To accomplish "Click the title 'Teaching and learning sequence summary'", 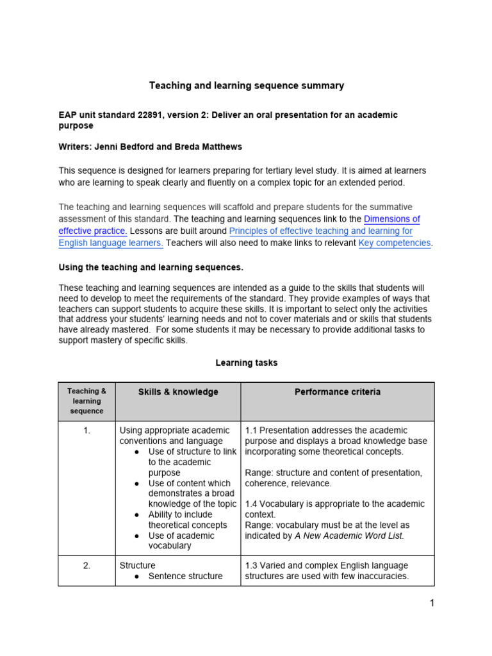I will (246, 85).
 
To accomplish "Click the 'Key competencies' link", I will (395, 243).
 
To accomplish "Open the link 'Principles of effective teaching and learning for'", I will (320, 231).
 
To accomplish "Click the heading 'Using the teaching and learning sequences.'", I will (151, 266).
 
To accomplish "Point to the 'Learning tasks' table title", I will (246, 363).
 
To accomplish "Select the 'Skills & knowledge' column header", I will (177, 392).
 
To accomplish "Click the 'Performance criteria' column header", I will (337, 392).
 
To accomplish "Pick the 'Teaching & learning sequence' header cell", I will (87, 401).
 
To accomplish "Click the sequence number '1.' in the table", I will (87, 430).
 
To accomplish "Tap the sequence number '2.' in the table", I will (87, 566).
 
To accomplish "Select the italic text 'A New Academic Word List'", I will (348, 536).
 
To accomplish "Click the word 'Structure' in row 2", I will (137, 566).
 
